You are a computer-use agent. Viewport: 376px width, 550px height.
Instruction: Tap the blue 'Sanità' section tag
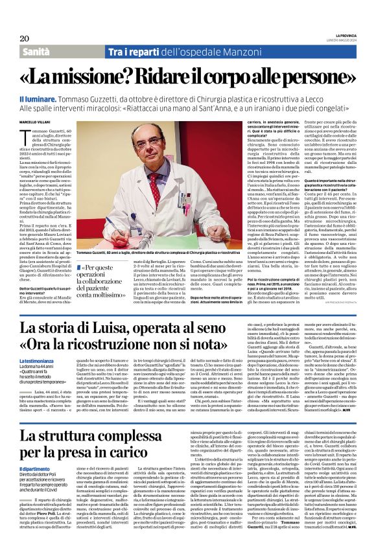pos(40,51)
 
